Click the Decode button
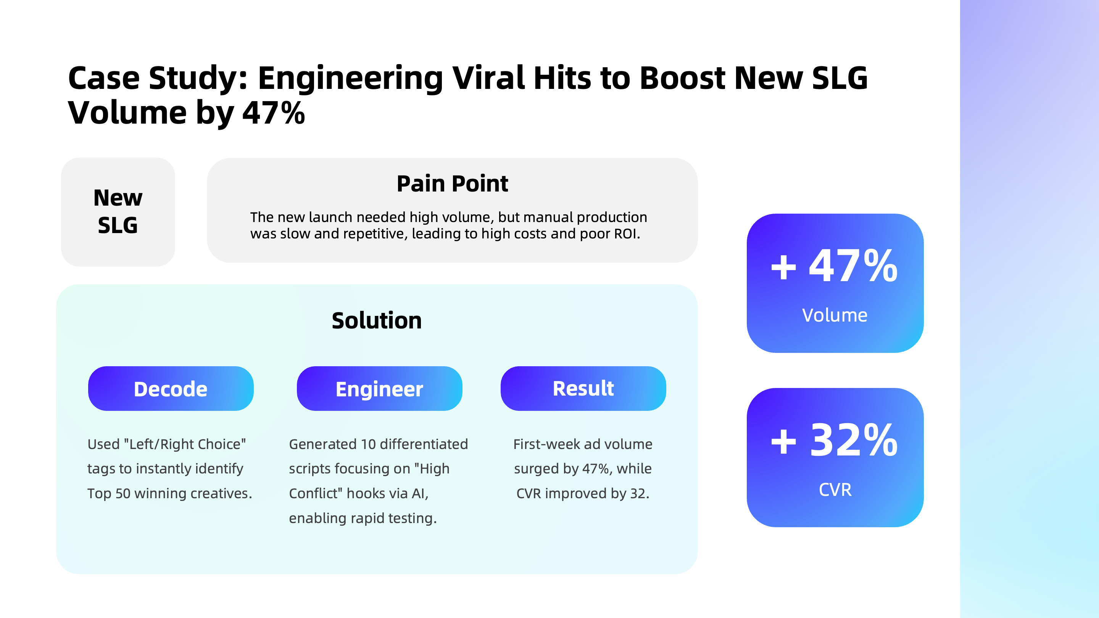(x=171, y=389)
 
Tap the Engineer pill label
(x=379, y=389)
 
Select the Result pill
(x=583, y=389)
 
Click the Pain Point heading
(x=452, y=184)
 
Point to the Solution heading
(x=377, y=320)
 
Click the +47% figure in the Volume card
(x=835, y=266)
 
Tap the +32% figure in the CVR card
(x=835, y=440)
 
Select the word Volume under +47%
(x=835, y=315)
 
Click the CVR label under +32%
(x=835, y=489)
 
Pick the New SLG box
(x=118, y=212)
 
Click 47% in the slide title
(x=274, y=113)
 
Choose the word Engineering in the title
(x=351, y=78)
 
